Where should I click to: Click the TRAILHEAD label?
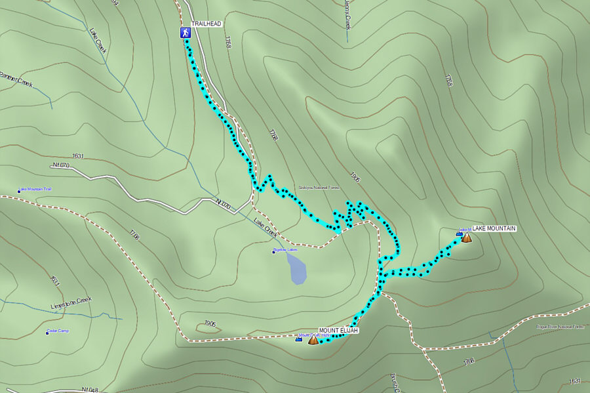(x=208, y=24)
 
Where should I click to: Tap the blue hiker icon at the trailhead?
(x=186, y=33)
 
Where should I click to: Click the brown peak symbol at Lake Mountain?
(x=466, y=238)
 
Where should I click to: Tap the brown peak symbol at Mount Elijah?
(x=313, y=339)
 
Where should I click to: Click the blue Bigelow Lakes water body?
(x=296, y=269)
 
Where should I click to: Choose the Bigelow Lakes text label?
(x=285, y=250)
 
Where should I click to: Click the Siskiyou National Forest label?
(x=319, y=188)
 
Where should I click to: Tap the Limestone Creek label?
(x=71, y=304)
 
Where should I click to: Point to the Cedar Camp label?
(x=58, y=331)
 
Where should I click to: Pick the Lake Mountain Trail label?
(x=36, y=189)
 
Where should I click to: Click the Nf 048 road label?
(x=90, y=390)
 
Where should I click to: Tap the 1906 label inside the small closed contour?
(x=210, y=323)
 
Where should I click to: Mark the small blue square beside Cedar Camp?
(x=47, y=333)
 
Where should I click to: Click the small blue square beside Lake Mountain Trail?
(x=19, y=192)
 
